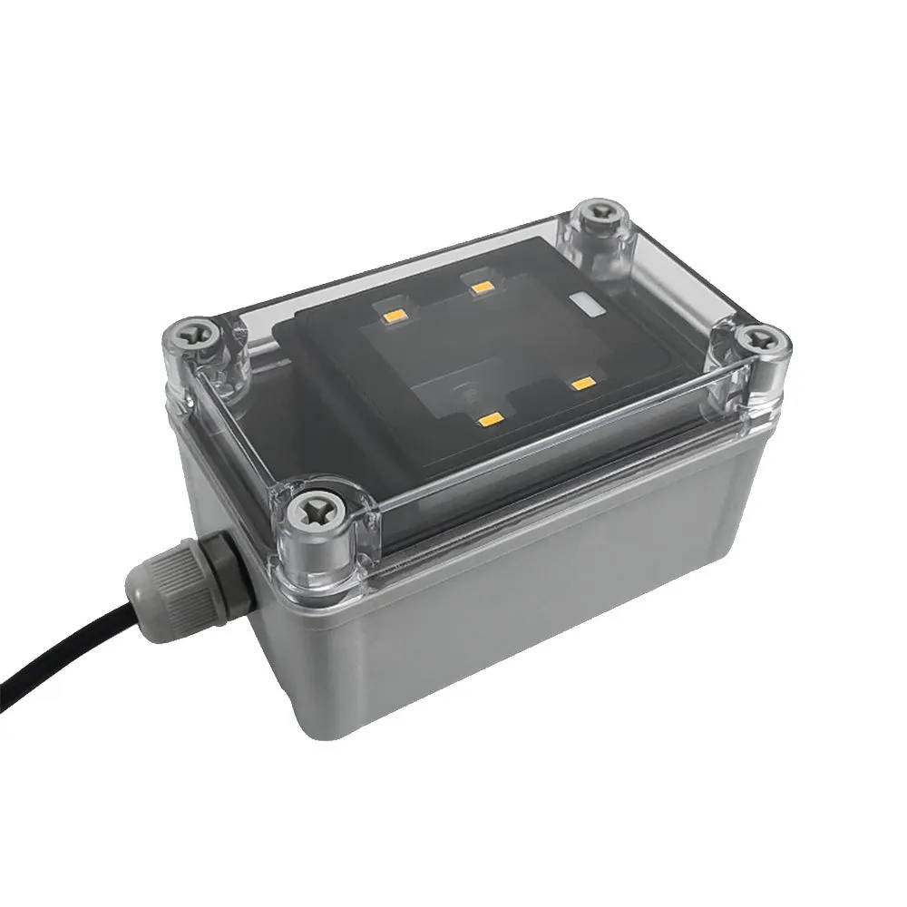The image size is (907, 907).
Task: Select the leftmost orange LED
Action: [395, 317]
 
